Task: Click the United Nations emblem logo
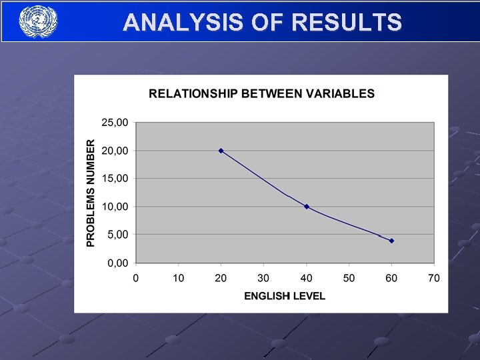pyautogui.click(x=38, y=21)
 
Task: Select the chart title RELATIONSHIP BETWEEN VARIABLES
pyautogui.click(x=261, y=94)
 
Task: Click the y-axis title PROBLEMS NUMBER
pyautogui.click(x=91, y=193)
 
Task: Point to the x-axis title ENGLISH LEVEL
pyautogui.click(x=285, y=295)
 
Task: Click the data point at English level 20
pyautogui.click(x=221, y=151)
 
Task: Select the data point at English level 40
pyautogui.click(x=306, y=207)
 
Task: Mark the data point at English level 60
pyautogui.click(x=391, y=241)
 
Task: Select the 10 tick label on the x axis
pyautogui.click(x=178, y=277)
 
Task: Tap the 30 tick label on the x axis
pyautogui.click(x=263, y=277)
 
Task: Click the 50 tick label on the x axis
pyautogui.click(x=349, y=277)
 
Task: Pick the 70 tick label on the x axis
pyautogui.click(x=434, y=277)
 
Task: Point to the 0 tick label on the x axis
pyautogui.click(x=135, y=277)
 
